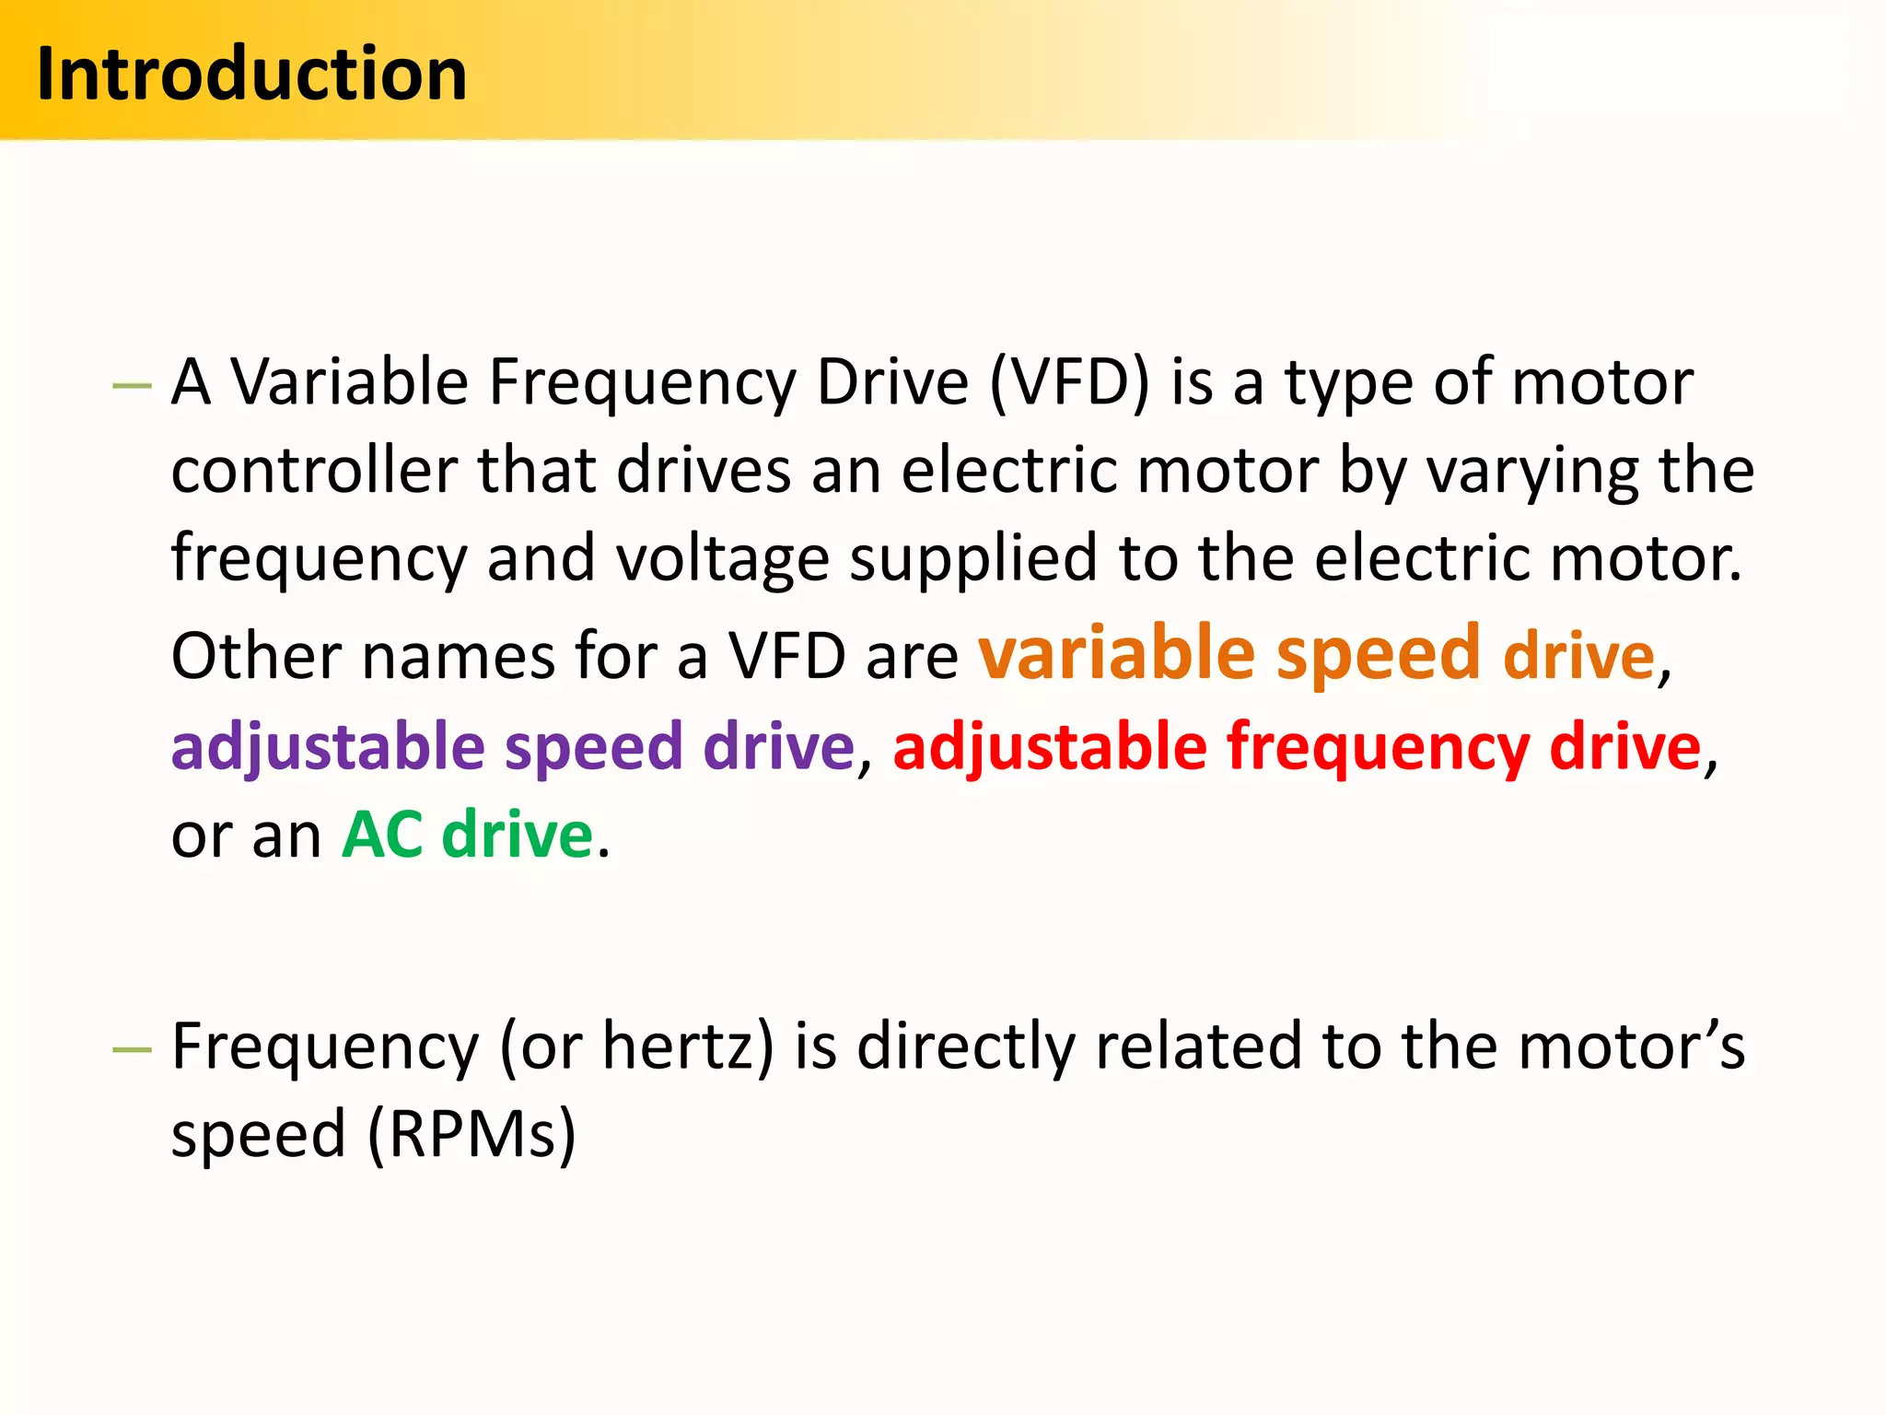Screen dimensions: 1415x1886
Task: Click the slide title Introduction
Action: (251, 74)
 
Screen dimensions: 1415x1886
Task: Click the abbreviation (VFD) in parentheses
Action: (1069, 381)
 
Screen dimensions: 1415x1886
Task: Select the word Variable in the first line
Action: (349, 381)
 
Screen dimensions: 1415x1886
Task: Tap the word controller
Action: (314, 471)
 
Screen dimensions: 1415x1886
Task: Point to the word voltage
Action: (722, 558)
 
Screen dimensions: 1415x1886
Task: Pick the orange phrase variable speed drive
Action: (1316, 654)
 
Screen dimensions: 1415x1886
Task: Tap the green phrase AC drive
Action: (468, 835)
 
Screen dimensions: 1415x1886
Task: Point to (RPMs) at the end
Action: (471, 1134)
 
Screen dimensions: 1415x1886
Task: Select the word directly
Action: (966, 1047)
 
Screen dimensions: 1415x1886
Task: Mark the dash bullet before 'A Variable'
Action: (131, 385)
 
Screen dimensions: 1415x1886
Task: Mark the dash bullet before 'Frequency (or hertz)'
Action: (131, 1050)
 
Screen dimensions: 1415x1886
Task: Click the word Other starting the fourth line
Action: (256, 656)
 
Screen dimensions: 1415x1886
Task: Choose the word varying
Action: (1532, 471)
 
